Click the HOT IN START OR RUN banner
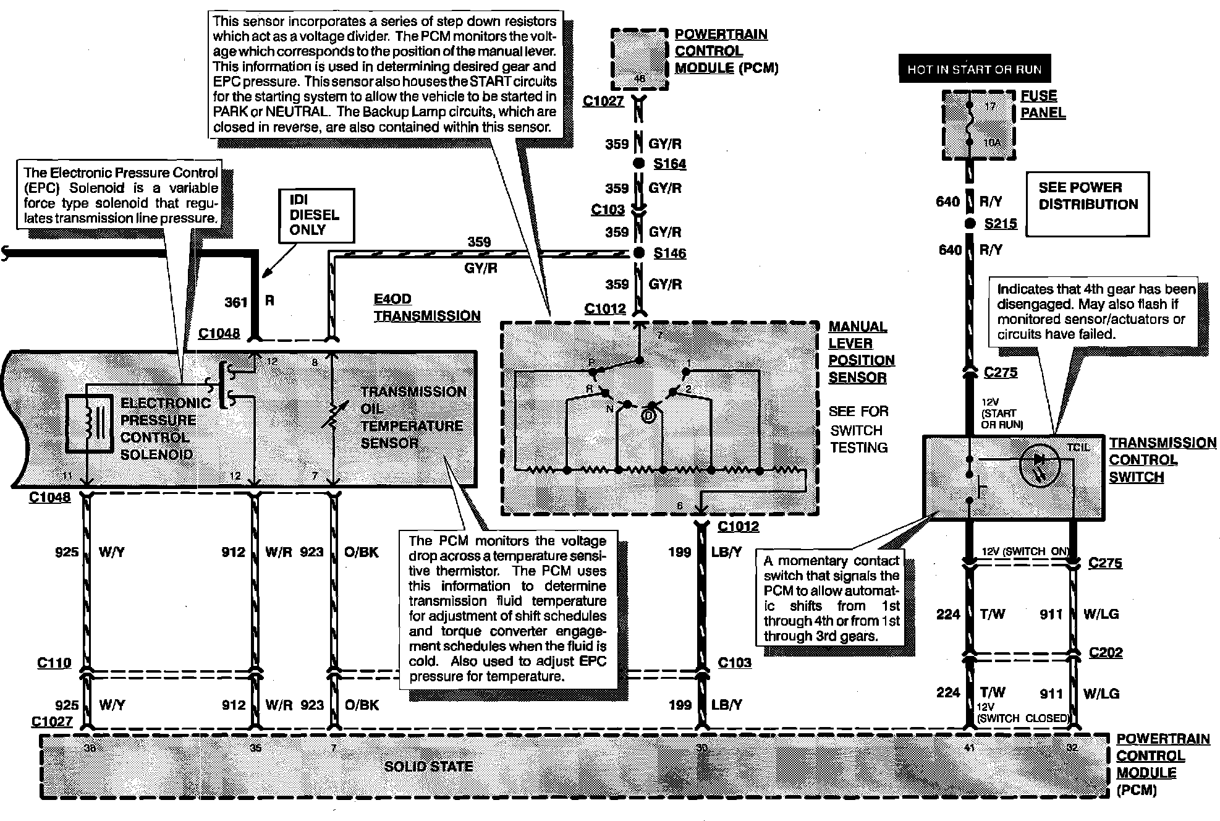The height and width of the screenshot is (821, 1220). [974, 70]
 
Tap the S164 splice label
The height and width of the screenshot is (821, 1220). [669, 164]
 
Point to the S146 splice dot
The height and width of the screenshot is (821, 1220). [640, 253]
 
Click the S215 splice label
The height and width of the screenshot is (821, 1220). [1000, 224]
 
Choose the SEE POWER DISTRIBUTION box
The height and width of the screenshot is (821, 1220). [1087, 204]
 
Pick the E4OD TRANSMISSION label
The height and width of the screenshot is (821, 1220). [426, 307]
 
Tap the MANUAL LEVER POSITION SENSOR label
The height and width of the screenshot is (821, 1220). [861, 352]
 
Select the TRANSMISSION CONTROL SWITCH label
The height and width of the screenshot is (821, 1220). [1162, 460]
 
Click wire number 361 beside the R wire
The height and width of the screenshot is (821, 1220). [235, 302]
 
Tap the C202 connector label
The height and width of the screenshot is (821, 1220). [1105, 652]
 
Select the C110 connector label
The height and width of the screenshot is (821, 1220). [54, 663]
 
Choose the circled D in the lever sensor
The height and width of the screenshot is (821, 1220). [648, 416]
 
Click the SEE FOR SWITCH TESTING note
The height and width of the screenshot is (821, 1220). [858, 429]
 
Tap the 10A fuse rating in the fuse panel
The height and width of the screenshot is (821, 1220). [992, 142]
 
